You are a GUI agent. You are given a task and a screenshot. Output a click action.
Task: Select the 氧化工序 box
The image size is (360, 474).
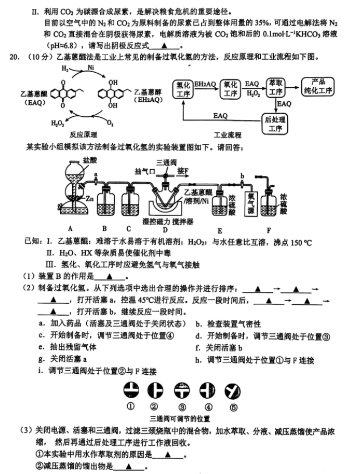point(230,88)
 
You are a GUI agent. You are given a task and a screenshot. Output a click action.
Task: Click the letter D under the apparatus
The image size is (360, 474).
point(165,230)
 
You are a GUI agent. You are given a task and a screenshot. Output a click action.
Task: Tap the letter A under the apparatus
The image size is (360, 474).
point(70,228)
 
